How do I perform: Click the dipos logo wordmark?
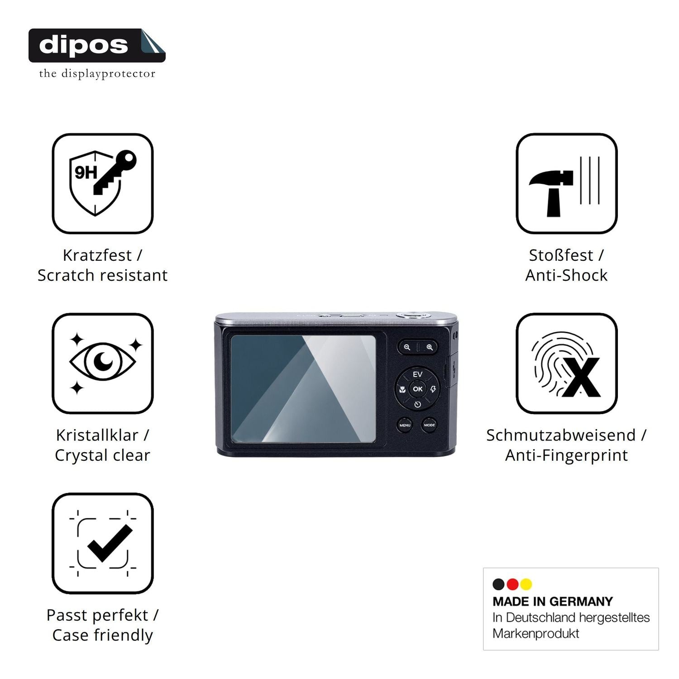click(x=84, y=45)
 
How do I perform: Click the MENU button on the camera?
click(x=405, y=425)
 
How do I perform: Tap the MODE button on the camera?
click(x=430, y=425)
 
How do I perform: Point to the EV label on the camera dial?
click(x=417, y=374)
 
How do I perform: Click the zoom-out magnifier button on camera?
click(x=407, y=347)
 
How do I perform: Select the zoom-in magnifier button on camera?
click(x=429, y=347)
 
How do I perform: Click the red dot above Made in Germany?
click(x=512, y=584)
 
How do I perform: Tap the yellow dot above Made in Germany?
click(x=526, y=584)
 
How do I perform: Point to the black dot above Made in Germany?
click(x=499, y=584)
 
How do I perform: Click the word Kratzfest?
click(x=97, y=255)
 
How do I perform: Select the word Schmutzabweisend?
click(x=561, y=435)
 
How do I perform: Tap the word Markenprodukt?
click(x=536, y=633)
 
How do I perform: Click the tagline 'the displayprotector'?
click(x=97, y=73)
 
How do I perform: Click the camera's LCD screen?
click(x=303, y=389)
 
